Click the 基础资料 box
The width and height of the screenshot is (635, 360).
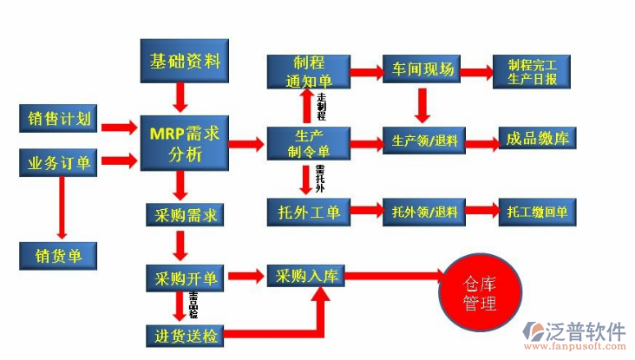coord(185,62)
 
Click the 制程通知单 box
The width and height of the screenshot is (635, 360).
coord(308,71)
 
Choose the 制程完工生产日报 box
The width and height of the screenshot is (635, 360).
coord(534,71)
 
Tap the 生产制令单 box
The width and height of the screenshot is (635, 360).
coord(308,142)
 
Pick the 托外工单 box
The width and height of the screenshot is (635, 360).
coord(308,213)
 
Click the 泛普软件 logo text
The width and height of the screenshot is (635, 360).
coord(586,331)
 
